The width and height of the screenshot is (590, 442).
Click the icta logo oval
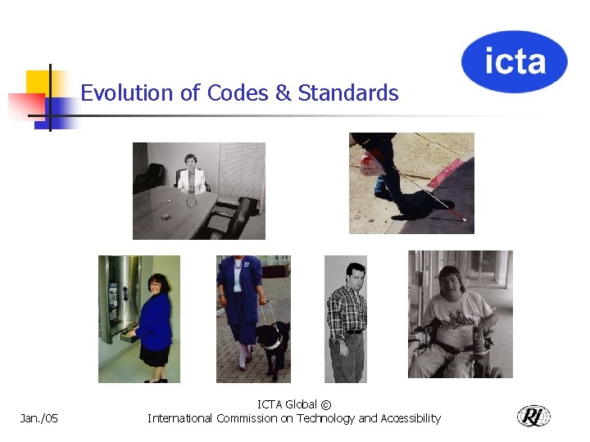514,61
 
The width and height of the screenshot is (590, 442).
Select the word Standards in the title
348,93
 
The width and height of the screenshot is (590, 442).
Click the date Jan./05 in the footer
39,419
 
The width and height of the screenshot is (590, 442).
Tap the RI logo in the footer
533,417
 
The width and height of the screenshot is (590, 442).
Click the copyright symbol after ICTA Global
326,404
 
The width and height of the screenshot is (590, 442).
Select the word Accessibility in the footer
411,418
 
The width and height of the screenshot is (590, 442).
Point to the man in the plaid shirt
347,319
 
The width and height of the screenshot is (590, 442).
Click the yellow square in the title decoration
38,82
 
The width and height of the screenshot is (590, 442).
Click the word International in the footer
180,418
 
